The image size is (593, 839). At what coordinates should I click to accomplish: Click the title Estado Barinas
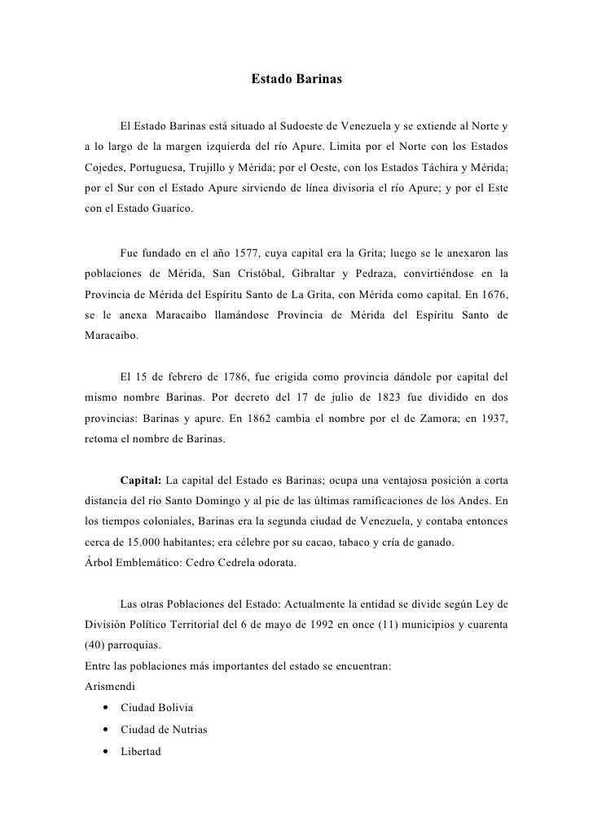click(x=296, y=80)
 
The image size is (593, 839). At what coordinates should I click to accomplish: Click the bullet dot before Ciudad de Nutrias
click(x=107, y=730)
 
